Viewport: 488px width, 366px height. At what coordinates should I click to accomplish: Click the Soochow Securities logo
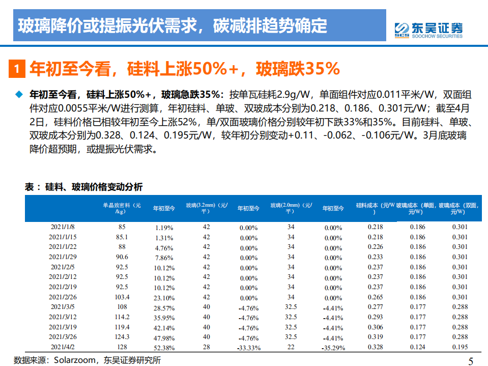point(428,29)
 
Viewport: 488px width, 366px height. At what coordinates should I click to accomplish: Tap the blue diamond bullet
point(19,94)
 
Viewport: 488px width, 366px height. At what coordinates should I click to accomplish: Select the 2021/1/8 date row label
point(64,227)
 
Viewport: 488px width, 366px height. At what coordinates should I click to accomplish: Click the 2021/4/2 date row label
point(64,347)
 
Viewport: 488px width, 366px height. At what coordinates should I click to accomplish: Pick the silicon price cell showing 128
point(122,347)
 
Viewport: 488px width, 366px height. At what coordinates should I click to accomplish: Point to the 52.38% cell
point(164,348)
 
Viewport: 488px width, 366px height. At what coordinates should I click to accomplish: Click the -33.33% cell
point(248,348)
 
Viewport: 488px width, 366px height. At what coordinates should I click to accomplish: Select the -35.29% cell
point(333,348)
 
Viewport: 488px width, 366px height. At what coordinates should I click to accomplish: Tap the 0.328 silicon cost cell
point(375,347)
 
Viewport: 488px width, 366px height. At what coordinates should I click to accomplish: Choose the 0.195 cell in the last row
point(460,347)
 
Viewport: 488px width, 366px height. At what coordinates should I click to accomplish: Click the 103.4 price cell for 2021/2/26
point(122,297)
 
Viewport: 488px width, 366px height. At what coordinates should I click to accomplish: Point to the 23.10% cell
point(164,298)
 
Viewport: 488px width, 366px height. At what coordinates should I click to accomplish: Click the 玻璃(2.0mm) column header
point(291,208)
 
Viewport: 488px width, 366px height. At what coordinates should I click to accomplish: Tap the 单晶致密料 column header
point(122,208)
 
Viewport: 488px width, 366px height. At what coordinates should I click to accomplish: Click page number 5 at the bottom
point(470,361)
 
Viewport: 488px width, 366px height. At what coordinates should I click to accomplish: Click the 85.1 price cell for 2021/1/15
point(122,237)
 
